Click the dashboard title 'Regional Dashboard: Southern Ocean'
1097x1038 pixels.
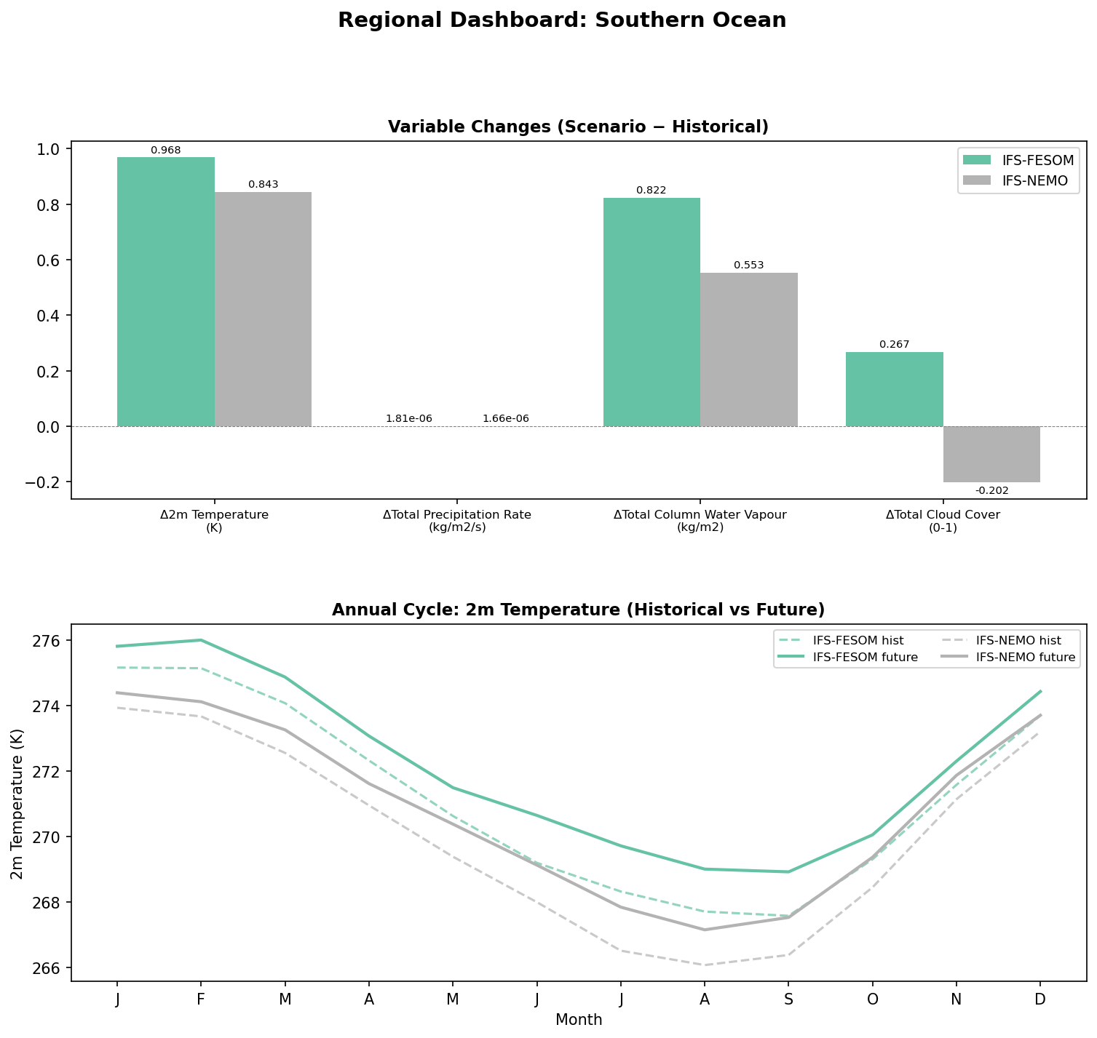[x=561, y=20]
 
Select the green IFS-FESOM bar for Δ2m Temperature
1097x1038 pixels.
[x=166, y=291]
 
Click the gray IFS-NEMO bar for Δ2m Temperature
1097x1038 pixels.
[x=263, y=309]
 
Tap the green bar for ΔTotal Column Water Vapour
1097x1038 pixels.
[x=652, y=312]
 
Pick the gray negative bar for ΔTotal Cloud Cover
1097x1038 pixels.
[x=991, y=454]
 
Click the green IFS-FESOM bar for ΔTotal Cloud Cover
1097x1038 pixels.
[x=894, y=389]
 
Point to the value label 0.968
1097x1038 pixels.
[x=166, y=151]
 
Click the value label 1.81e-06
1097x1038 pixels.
[x=408, y=418]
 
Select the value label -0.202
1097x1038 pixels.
[x=991, y=490]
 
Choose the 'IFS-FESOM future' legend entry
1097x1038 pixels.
[x=865, y=658]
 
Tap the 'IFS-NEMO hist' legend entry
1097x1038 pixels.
[x=1018, y=640]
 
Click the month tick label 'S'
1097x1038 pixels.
[x=788, y=999]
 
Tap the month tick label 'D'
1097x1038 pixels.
[x=1039, y=999]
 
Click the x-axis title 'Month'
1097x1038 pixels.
[x=579, y=1020]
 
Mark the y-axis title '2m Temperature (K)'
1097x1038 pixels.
[x=17, y=803]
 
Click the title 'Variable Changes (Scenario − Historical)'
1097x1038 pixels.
[x=578, y=127]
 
